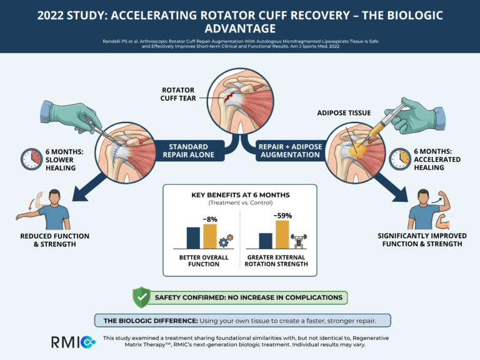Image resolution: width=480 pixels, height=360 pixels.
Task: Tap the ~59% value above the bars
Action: point(282,216)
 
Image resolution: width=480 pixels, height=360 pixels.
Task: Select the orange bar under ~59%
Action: point(282,235)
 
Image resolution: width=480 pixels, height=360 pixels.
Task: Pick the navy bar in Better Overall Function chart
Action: point(193,238)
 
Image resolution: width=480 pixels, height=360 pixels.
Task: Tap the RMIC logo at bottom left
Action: point(72,342)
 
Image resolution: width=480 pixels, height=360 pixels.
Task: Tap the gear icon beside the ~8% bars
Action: point(227,241)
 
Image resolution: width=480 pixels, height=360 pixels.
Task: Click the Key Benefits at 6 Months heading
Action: point(239,195)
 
